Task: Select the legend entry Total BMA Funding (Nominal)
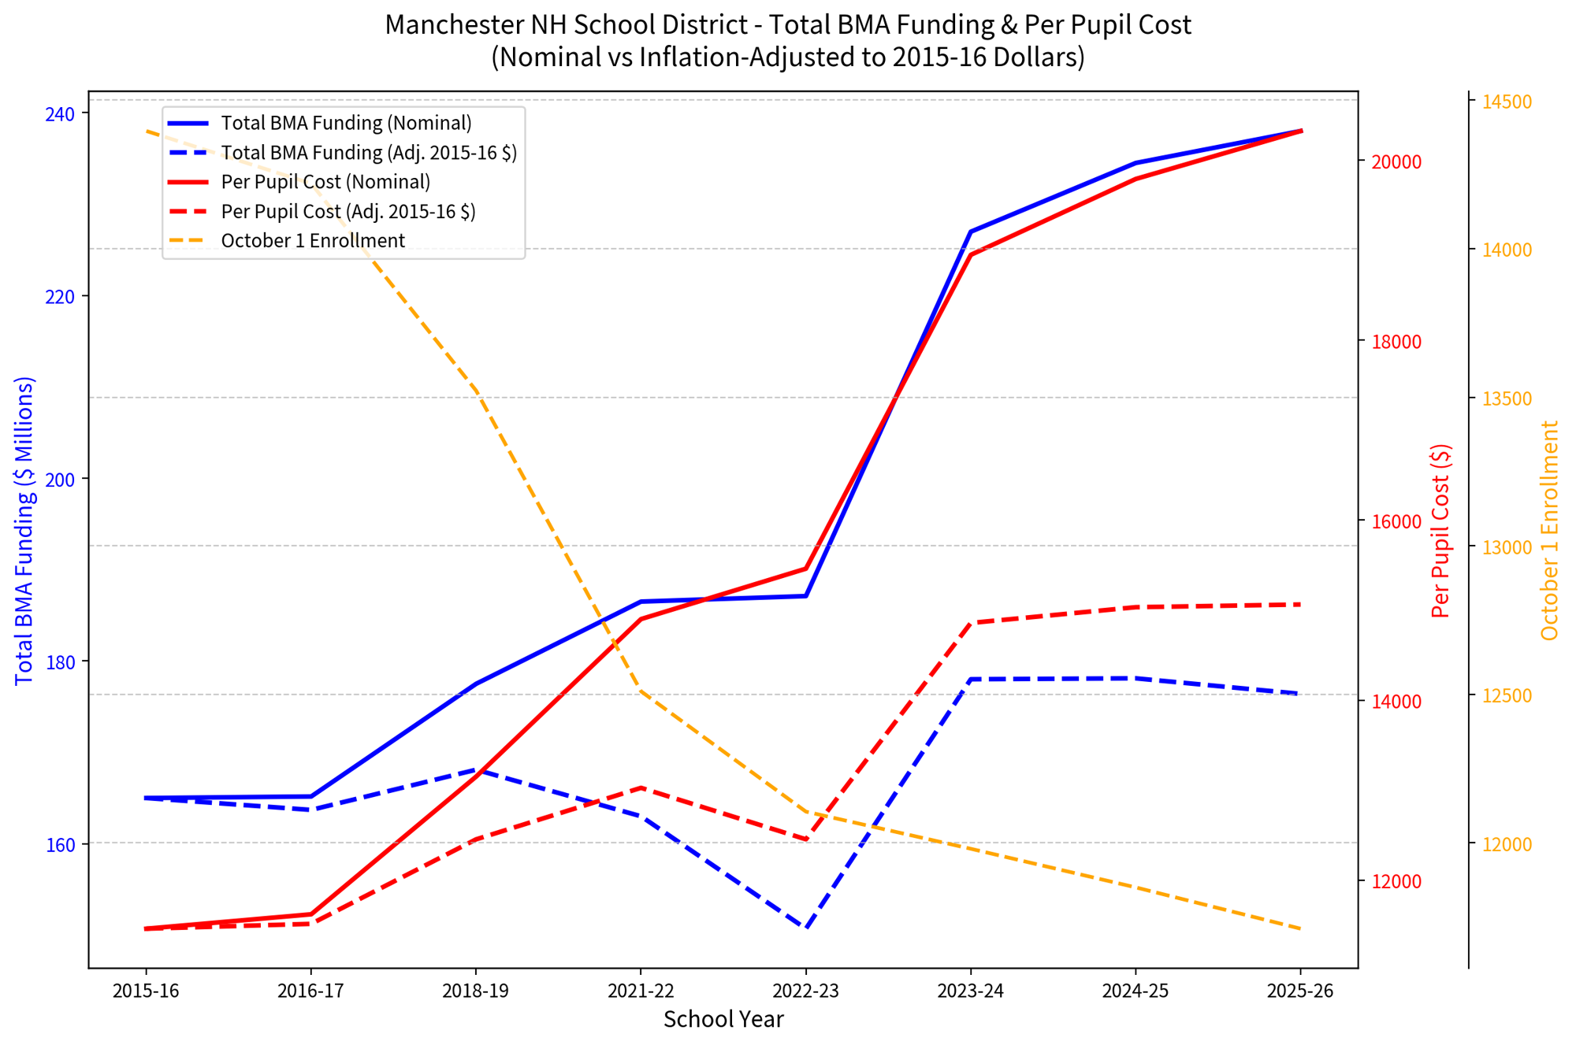(x=320, y=123)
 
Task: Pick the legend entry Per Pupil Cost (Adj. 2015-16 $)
(x=322, y=211)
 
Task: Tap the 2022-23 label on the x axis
(x=805, y=991)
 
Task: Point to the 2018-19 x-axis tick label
(x=475, y=991)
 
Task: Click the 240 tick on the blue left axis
(x=61, y=114)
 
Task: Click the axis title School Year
(x=723, y=1020)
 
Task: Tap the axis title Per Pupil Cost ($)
(x=1440, y=531)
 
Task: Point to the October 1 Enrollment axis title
(x=1549, y=531)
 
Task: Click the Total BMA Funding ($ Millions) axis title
(x=24, y=531)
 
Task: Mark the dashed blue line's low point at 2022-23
(x=806, y=928)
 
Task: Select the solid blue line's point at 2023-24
(x=971, y=232)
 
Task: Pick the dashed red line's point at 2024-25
(x=1136, y=607)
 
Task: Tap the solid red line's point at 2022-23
(x=806, y=568)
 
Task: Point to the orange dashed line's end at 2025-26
(x=1300, y=929)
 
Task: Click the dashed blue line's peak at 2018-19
(x=476, y=769)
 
